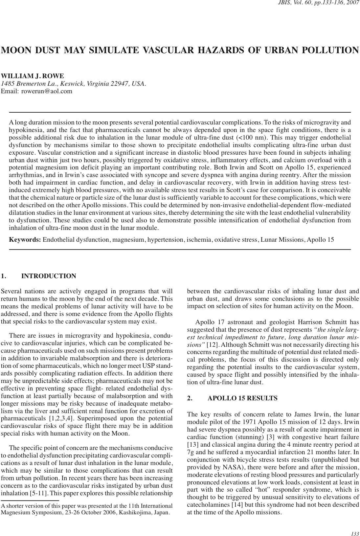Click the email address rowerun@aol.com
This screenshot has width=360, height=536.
pos(47,91)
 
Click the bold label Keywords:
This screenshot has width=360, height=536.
pos(25,239)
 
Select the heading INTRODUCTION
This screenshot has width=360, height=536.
pos(49,276)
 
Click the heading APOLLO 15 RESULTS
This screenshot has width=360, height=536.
pos(242,398)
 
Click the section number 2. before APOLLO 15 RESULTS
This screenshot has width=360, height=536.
pos(190,398)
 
